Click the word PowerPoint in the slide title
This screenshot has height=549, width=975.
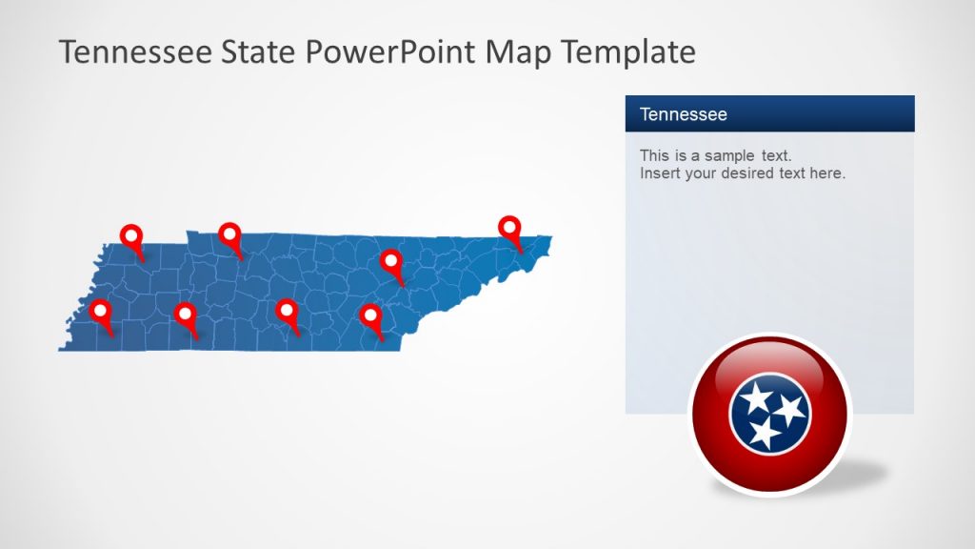tap(390, 52)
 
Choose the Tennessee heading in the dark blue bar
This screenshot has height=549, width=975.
tap(684, 114)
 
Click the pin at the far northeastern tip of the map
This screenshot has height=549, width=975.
tap(511, 229)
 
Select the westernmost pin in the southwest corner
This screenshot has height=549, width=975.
tap(99, 312)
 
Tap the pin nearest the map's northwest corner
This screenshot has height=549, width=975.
tap(131, 236)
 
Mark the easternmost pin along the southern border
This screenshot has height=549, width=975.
tap(370, 315)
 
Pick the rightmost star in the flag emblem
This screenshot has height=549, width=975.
tap(788, 412)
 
